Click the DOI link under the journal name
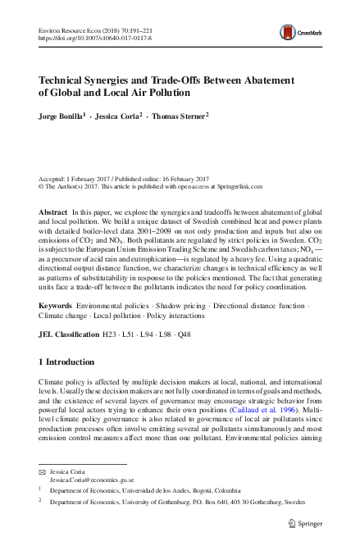[x=84, y=38]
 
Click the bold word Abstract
[x=54, y=212]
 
